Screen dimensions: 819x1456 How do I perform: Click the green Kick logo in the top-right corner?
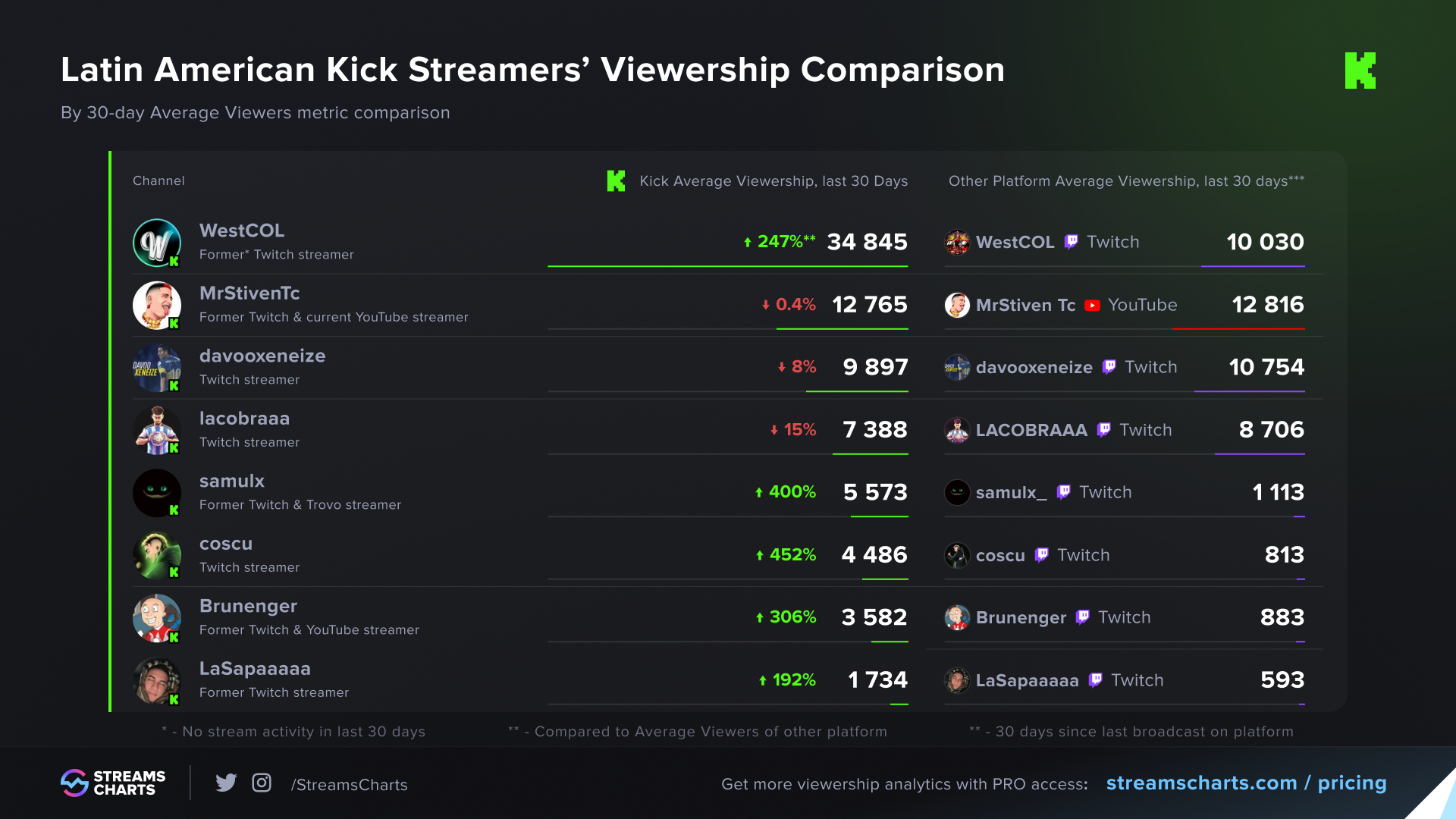pyautogui.click(x=1360, y=71)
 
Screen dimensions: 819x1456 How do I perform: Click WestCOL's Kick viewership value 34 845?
pyautogui.click(x=867, y=242)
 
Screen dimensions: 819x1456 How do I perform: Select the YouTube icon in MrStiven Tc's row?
pyautogui.click(x=1092, y=306)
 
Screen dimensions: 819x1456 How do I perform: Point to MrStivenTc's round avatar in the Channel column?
pyautogui.click(x=157, y=306)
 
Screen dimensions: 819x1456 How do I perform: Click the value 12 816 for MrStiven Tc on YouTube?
pyautogui.click(x=1267, y=305)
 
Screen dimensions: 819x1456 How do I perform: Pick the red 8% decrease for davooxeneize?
pyautogui.click(x=797, y=367)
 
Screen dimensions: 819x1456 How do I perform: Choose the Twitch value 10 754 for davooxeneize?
pyautogui.click(x=1266, y=367)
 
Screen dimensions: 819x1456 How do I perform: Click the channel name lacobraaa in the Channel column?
pyautogui.click(x=244, y=419)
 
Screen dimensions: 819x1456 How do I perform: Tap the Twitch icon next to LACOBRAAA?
pyautogui.click(x=1104, y=430)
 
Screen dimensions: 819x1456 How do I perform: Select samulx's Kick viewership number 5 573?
pyautogui.click(x=875, y=492)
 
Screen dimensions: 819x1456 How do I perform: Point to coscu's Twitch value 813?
pyautogui.click(x=1284, y=555)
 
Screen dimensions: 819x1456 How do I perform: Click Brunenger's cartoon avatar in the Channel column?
pyautogui.click(x=157, y=618)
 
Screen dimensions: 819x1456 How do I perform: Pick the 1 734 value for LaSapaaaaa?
pyautogui.click(x=877, y=680)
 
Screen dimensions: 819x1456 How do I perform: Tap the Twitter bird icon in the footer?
pyautogui.click(x=226, y=783)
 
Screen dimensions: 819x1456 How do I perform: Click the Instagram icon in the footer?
pyautogui.click(x=262, y=783)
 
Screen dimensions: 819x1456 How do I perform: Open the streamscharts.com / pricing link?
pyautogui.click(x=1246, y=783)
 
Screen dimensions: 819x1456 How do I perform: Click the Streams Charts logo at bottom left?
pyautogui.click(x=113, y=783)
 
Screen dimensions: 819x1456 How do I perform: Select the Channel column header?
pyautogui.click(x=158, y=180)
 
